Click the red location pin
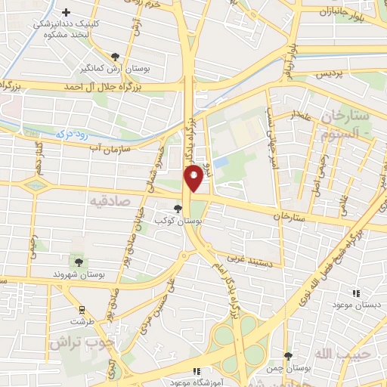194,177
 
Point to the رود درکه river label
73,133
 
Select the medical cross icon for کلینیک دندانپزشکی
67,13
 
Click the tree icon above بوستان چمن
288,355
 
